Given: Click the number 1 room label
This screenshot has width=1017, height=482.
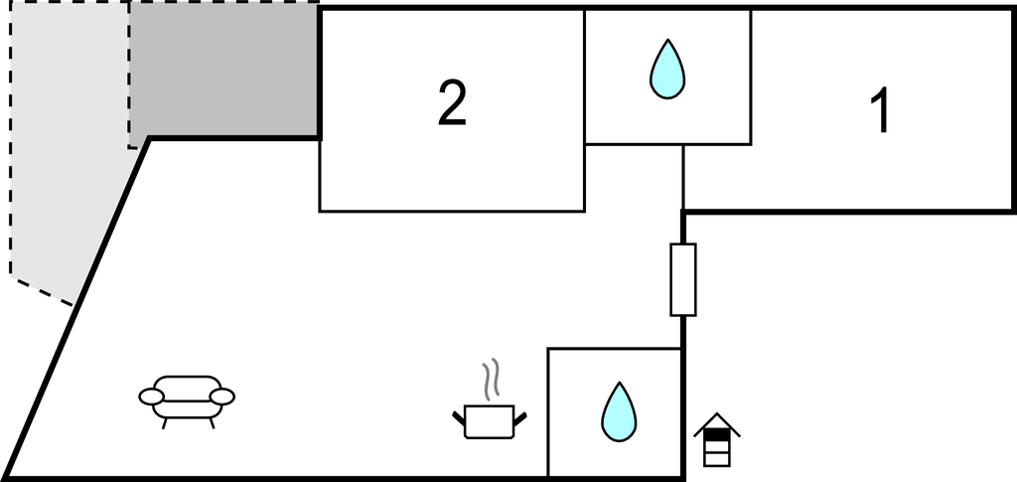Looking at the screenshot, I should (880, 111).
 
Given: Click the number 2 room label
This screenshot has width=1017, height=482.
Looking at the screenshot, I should (452, 103).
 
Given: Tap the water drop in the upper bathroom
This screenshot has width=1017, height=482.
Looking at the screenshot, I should (667, 70).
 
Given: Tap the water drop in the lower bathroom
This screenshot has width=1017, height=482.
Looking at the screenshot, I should (618, 412).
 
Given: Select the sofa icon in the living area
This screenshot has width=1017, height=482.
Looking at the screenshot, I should (187, 399).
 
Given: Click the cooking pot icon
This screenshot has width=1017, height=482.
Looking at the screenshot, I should (489, 420).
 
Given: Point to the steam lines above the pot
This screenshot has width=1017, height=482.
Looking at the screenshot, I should (490, 380).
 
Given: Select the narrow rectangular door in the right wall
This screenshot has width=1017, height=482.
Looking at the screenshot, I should (683, 279).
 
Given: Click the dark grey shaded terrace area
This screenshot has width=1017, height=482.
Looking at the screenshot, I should (223, 70).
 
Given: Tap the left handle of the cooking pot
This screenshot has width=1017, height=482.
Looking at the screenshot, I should (459, 413).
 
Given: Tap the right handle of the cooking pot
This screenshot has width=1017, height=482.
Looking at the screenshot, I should (519, 413).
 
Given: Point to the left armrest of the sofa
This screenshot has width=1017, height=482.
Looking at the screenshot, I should (151, 398).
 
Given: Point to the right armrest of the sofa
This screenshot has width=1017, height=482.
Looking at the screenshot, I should (222, 398).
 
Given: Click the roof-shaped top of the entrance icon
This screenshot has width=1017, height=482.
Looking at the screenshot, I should (717, 425).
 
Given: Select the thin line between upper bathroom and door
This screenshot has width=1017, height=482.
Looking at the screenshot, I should (683, 176).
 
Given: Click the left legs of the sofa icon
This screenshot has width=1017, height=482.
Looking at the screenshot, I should (166, 421).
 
